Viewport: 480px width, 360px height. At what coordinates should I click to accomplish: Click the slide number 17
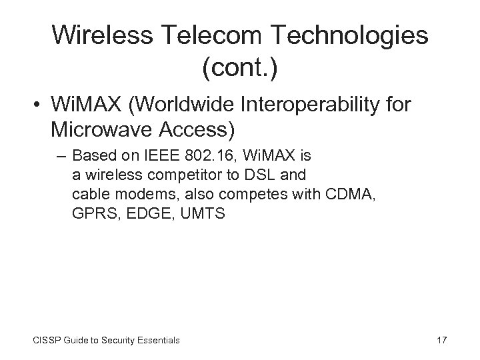coord(441,340)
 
